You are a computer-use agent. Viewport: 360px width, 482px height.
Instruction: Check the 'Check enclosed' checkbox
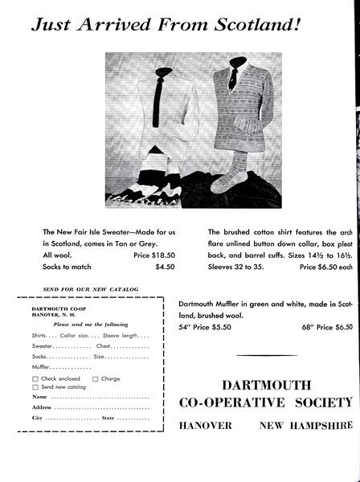tap(36, 378)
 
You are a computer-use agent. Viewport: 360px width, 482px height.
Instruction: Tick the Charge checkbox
tap(95, 378)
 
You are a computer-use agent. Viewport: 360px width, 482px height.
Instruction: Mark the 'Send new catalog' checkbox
tap(36, 386)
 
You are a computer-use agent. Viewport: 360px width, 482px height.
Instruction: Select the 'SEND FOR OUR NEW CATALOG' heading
tap(90, 288)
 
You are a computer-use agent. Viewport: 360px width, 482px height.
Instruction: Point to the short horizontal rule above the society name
tap(267, 355)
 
